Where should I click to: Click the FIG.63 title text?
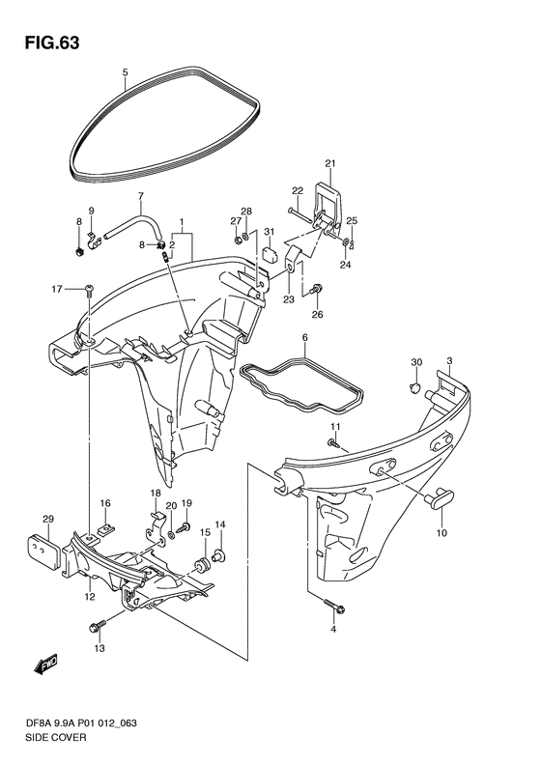[51, 43]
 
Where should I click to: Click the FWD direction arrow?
[45, 664]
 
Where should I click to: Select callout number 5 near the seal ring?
[125, 72]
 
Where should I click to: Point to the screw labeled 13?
[98, 626]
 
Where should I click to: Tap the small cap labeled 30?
[413, 388]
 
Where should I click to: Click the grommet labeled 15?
[201, 565]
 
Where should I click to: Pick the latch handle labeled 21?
[330, 205]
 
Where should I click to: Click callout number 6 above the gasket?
[304, 337]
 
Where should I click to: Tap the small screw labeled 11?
[333, 443]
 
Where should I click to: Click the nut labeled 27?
[236, 240]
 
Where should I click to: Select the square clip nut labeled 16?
[103, 529]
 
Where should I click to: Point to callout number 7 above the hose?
[141, 196]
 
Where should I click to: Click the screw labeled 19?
[185, 527]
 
